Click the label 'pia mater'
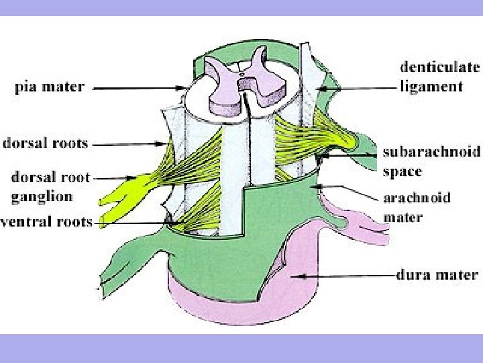50,87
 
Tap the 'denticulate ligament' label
440,76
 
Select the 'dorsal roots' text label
45,143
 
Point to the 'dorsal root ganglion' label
50,188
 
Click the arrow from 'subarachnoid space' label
352,154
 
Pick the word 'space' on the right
402,171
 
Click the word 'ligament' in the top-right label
431,86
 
